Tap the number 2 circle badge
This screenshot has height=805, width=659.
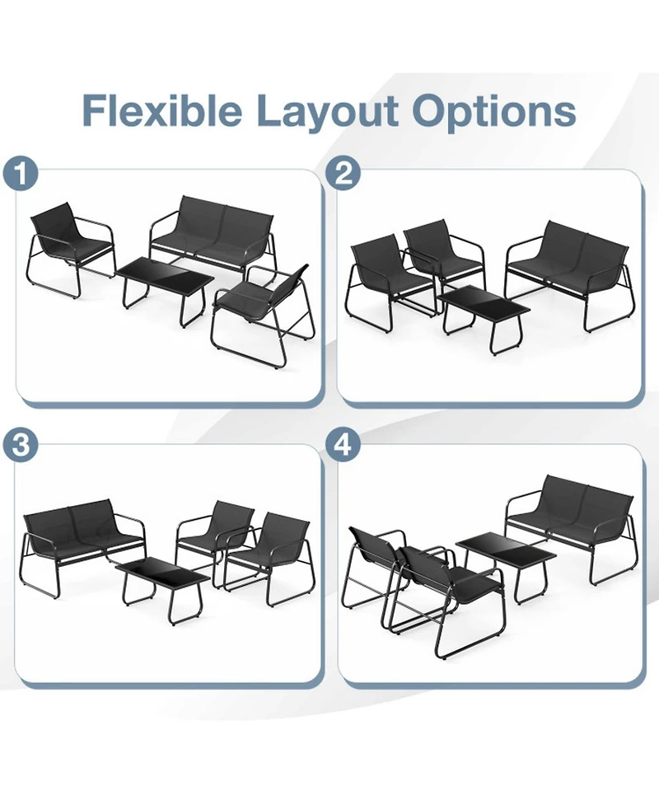(344, 175)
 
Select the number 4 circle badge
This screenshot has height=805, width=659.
(344, 446)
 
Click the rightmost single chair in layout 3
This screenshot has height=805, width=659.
(276, 548)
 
